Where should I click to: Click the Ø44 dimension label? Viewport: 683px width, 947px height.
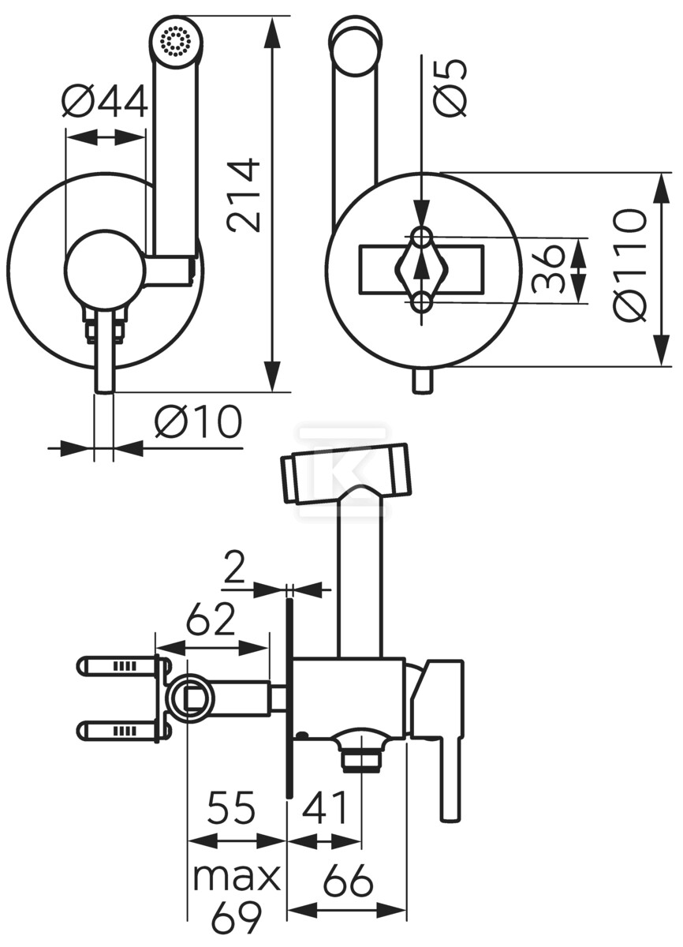pyautogui.click(x=105, y=101)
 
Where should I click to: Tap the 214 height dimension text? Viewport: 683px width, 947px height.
pyautogui.click(x=242, y=196)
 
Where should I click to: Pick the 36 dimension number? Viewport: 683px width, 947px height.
pyautogui.click(x=548, y=269)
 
